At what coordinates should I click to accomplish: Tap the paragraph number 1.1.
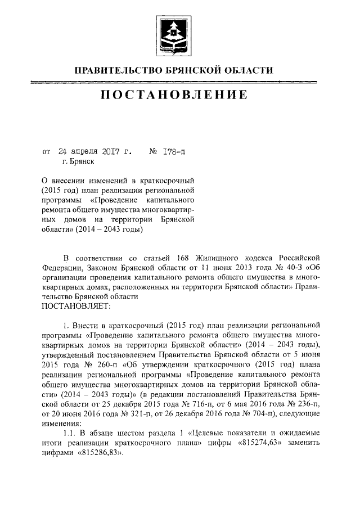(x=71, y=433)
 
